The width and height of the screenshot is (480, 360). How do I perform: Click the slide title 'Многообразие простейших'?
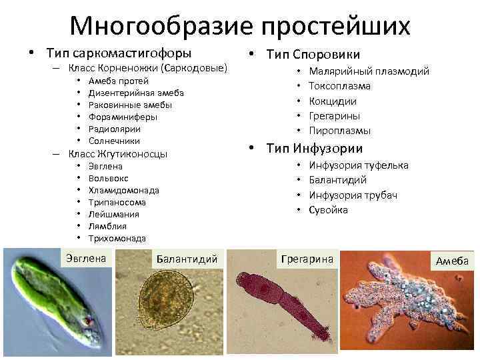point(240,26)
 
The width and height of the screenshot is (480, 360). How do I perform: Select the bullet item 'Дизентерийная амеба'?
point(136,93)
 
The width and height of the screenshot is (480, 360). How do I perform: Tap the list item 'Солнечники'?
point(114,141)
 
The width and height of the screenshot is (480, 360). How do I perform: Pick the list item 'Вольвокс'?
point(109,178)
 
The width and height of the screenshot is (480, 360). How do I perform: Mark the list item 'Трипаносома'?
point(117,202)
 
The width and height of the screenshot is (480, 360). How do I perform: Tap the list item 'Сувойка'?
point(329,210)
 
